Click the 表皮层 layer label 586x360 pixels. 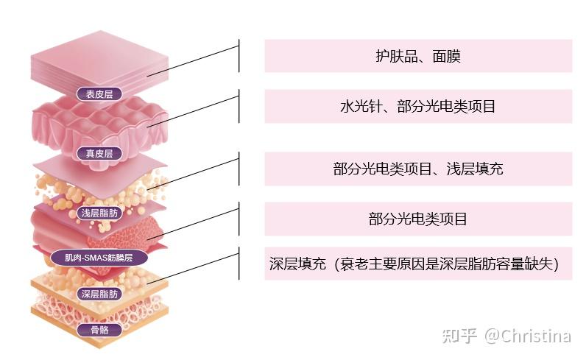click(x=99, y=93)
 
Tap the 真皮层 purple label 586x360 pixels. click(x=99, y=154)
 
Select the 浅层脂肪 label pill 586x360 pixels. click(x=99, y=213)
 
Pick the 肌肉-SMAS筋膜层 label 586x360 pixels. click(x=99, y=258)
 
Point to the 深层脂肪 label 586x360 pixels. click(x=99, y=294)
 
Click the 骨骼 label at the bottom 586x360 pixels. click(x=99, y=330)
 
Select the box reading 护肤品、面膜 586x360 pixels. click(x=418, y=56)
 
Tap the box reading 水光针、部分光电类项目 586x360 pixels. click(x=418, y=106)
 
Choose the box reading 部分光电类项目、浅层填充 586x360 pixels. click(x=418, y=169)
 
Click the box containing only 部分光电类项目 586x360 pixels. click(x=418, y=219)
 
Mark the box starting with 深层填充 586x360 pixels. click(x=418, y=264)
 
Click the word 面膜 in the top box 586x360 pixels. click(x=446, y=56)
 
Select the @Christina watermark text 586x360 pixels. click(x=526, y=336)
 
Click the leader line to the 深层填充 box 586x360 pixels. click(x=199, y=267)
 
